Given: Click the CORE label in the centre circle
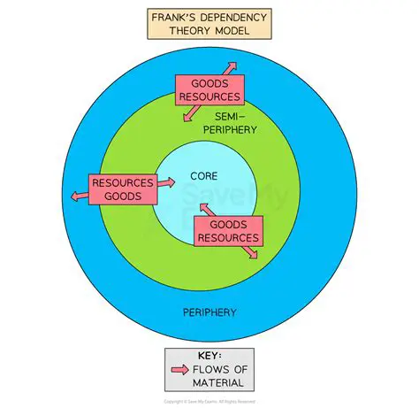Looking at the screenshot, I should point(203,177).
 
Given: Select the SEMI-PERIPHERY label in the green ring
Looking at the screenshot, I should point(235,123).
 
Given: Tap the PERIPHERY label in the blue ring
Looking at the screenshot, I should point(209,312).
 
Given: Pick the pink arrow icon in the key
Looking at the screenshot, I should point(179,370).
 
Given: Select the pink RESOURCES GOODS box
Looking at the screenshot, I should point(122,189).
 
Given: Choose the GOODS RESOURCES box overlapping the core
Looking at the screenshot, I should point(228,232).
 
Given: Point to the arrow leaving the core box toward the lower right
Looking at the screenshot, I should point(252,252).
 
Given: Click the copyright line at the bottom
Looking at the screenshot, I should point(209,401).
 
